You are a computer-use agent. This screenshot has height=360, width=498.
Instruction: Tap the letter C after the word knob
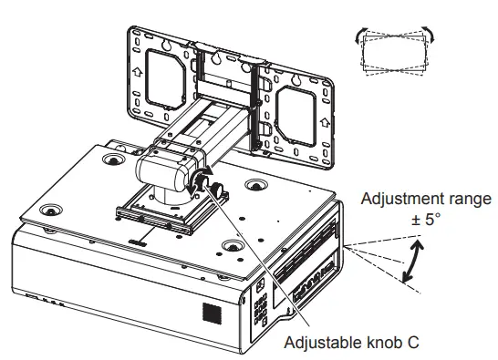411,342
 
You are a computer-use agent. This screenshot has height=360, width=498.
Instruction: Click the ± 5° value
426,219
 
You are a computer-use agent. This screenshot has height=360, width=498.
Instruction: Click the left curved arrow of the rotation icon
360,35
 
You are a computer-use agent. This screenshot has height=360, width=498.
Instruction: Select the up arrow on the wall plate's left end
138,72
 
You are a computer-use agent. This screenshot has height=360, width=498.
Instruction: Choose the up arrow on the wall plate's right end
325,122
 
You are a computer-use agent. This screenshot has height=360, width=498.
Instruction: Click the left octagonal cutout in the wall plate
165,79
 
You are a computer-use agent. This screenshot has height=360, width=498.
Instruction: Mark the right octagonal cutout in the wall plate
296,117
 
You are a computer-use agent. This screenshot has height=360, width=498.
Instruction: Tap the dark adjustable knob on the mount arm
217,190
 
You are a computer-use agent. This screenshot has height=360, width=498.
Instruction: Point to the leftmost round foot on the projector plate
51,211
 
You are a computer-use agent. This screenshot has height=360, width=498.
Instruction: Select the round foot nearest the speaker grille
233,245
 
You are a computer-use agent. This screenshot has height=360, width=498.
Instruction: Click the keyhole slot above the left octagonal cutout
166,44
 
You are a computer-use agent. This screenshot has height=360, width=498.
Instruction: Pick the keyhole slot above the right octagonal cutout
297,79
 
